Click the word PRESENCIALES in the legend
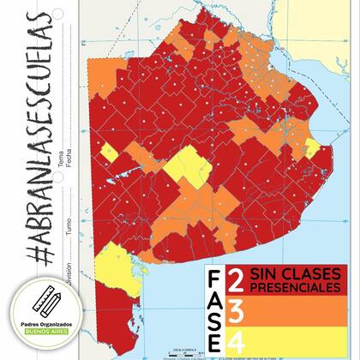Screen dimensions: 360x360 289,287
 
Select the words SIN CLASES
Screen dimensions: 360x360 289,273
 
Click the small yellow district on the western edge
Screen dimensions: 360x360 110,154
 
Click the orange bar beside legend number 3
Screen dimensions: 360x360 291,310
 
